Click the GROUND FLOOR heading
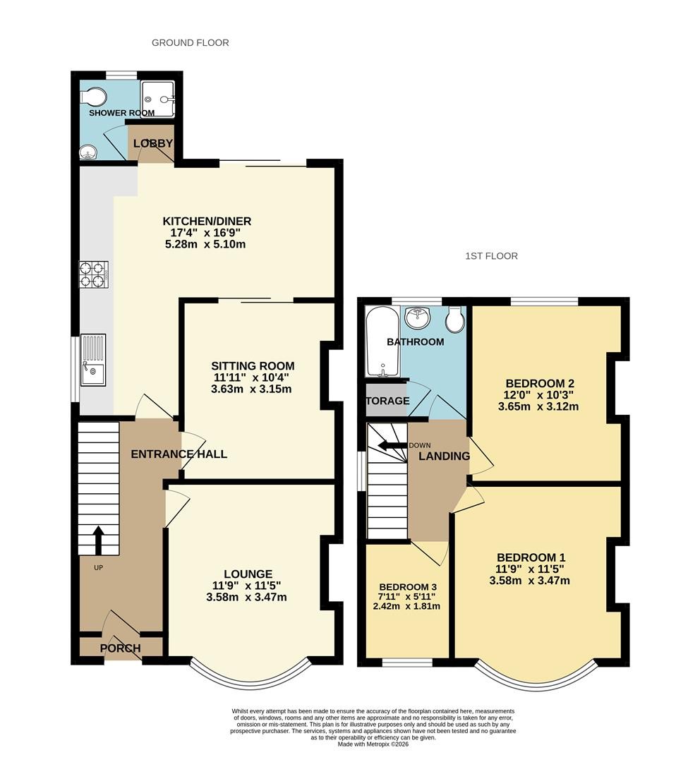(190, 43)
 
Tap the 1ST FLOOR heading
(491, 256)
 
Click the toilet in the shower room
(93, 96)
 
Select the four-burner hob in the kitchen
(94, 274)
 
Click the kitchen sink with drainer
(93, 360)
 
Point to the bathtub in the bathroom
(382, 341)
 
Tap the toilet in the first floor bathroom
(456, 320)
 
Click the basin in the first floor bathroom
(418, 317)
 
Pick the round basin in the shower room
(88, 152)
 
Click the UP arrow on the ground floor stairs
(98, 540)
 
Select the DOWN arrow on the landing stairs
(393, 446)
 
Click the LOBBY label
(153, 143)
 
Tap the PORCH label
(121, 648)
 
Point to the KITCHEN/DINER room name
(207, 222)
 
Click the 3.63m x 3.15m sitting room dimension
(251, 389)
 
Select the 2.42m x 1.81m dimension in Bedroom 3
(406, 606)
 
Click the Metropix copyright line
(373, 744)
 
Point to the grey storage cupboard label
(387, 401)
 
